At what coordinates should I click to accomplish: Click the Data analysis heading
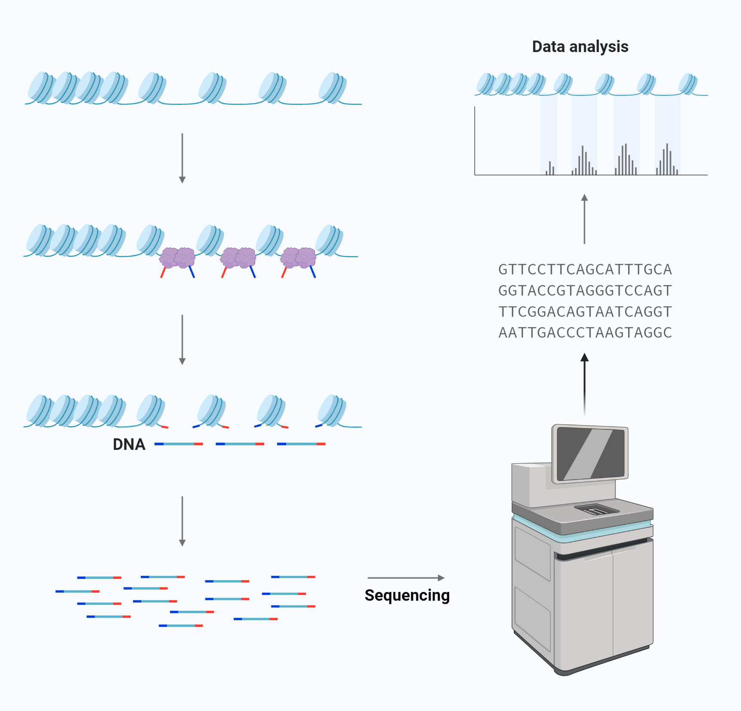pyautogui.click(x=580, y=46)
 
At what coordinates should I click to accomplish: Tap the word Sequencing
pyautogui.click(x=407, y=595)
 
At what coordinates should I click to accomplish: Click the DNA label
pyautogui.click(x=129, y=444)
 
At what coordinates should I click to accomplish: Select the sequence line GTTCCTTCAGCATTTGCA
pyautogui.click(x=585, y=270)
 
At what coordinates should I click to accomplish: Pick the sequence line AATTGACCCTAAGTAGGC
pyautogui.click(x=585, y=333)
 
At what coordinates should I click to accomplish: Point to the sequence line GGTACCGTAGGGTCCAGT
pyautogui.click(x=585, y=291)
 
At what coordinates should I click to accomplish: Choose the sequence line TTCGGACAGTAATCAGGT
pyautogui.click(x=585, y=312)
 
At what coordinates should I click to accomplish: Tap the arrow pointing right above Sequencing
pyautogui.click(x=406, y=578)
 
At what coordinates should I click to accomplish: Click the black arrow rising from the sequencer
pyautogui.click(x=584, y=383)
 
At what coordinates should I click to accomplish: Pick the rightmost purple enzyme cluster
pyautogui.click(x=298, y=258)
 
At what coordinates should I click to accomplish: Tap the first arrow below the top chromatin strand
pyautogui.click(x=182, y=158)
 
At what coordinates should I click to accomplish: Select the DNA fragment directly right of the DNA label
pyautogui.click(x=179, y=444)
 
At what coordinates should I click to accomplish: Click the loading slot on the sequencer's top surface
pyautogui.click(x=596, y=510)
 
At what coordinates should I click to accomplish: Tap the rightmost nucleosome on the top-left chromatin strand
pyautogui.click(x=332, y=88)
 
